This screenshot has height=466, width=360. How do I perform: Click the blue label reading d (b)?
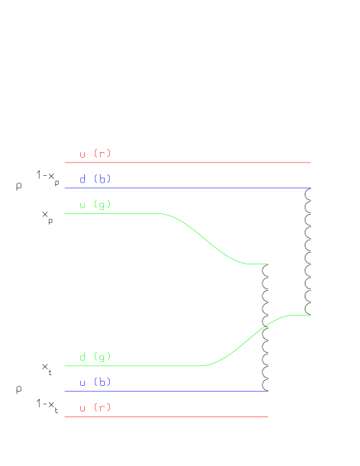tap(95, 179)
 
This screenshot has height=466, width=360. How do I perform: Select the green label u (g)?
tap(95, 204)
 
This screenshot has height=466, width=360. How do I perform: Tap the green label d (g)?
tap(95, 357)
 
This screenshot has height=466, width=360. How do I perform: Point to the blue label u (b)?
tap(95, 383)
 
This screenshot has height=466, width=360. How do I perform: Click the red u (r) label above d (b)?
tap(95, 154)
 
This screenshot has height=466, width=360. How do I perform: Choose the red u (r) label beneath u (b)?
tap(95, 407)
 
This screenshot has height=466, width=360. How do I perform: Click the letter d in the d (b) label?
tap(83, 179)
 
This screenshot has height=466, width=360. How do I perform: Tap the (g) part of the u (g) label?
tap(102, 204)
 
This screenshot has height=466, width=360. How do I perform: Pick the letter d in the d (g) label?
tap(83, 357)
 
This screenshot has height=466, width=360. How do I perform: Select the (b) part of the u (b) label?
tap(102, 383)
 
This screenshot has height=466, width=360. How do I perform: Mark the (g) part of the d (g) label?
tap(102, 357)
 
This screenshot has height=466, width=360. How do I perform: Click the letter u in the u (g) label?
tap(83, 204)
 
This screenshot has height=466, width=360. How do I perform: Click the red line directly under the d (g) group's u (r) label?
tap(165, 416)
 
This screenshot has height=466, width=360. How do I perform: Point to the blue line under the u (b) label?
tap(165, 392)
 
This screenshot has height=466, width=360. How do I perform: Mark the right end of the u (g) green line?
tap(268, 264)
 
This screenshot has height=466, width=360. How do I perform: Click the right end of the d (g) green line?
tap(310, 315)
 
